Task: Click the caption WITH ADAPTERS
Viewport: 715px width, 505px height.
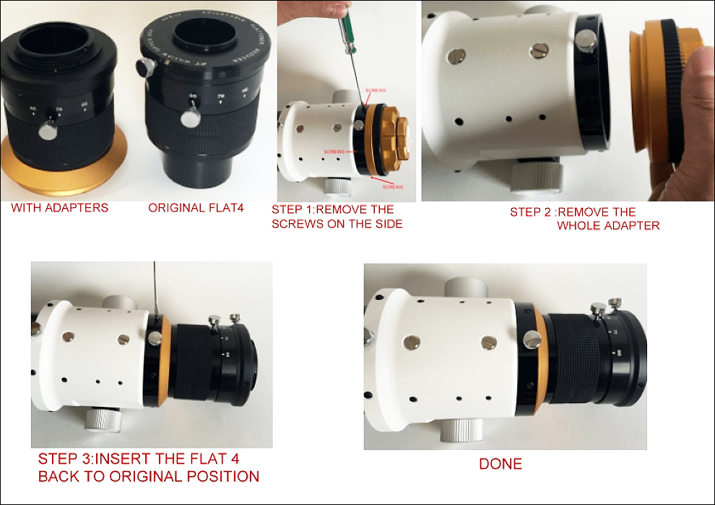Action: click(x=59, y=208)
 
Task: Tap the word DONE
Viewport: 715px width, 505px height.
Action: click(x=500, y=464)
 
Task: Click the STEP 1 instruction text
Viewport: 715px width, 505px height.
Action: click(x=337, y=216)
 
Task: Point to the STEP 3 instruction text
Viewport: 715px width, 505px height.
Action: click(x=148, y=467)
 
